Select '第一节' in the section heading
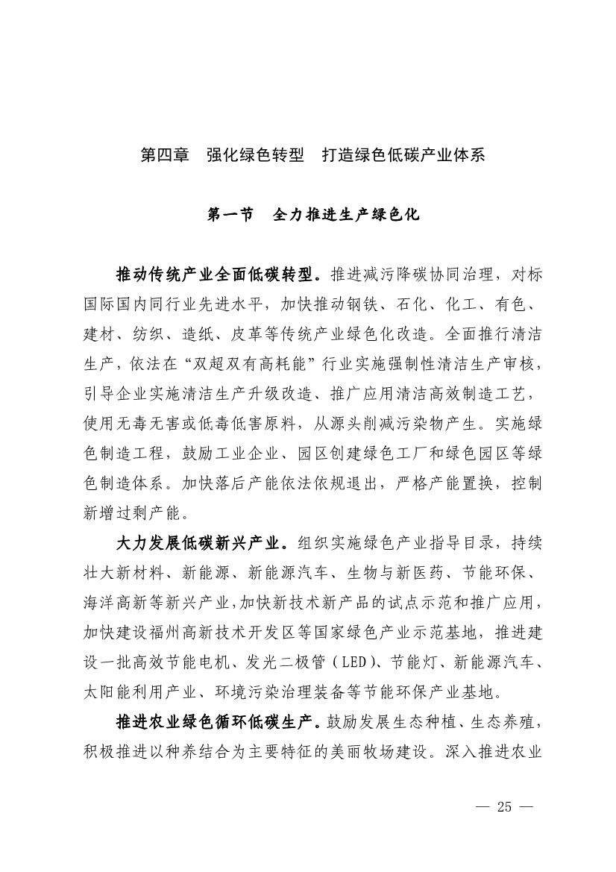230,215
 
